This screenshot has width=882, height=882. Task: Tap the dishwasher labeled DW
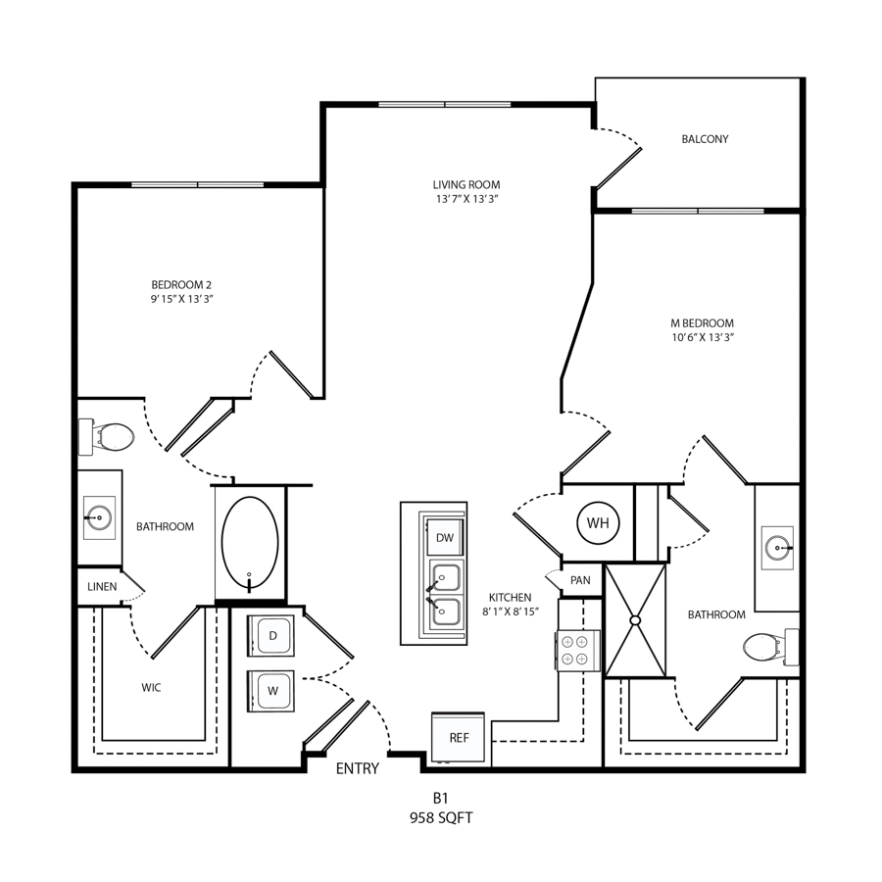(x=444, y=537)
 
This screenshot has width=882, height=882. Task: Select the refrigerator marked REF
(x=458, y=737)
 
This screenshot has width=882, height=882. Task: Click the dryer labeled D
(x=271, y=636)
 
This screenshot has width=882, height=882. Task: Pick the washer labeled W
(x=271, y=691)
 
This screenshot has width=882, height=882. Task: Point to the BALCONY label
(x=705, y=139)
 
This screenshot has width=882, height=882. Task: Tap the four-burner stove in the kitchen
(x=577, y=651)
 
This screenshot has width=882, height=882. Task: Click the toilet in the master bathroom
(x=770, y=647)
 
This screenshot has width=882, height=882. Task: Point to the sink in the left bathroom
(x=99, y=517)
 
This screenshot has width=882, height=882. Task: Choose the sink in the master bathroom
(x=777, y=548)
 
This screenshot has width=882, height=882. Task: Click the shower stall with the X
(x=635, y=620)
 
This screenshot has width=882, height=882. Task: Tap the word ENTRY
(x=357, y=768)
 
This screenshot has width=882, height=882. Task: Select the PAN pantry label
(x=580, y=580)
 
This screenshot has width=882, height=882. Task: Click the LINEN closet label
(x=102, y=587)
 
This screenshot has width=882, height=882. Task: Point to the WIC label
(x=151, y=687)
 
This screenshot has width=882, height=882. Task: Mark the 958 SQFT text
(x=441, y=818)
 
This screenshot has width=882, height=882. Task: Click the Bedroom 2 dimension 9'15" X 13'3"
(x=181, y=299)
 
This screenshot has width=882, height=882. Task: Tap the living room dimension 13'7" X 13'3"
(x=466, y=199)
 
